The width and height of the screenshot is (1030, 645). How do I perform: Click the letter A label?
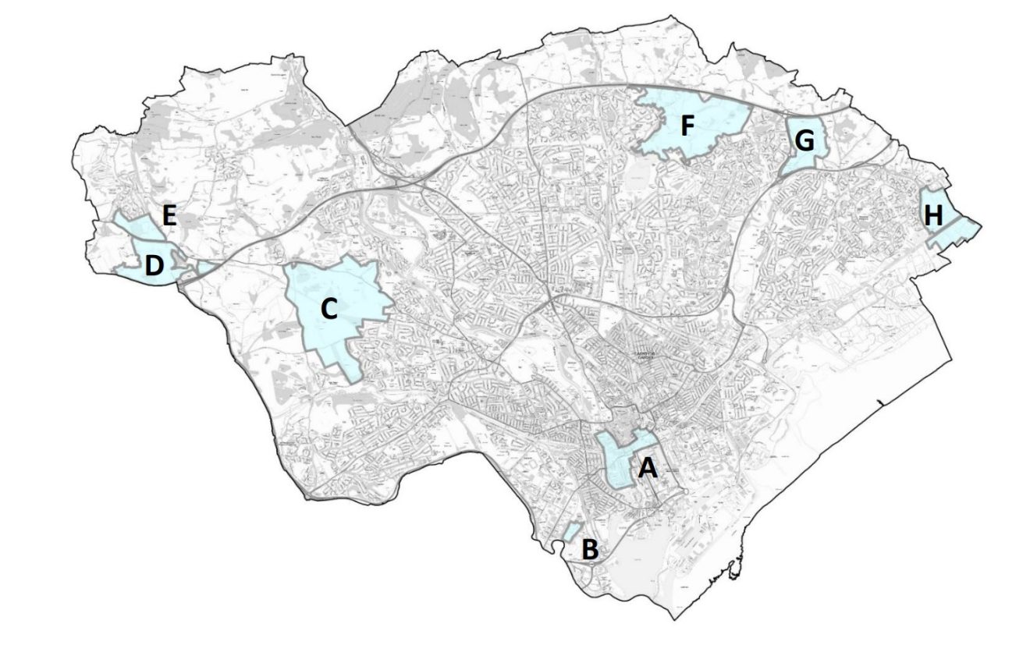(x=648, y=469)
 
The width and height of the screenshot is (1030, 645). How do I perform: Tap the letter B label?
(x=590, y=550)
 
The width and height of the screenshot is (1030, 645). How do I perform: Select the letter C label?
(x=329, y=310)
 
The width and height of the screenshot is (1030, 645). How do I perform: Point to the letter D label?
(x=154, y=267)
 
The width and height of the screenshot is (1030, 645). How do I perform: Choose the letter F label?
(x=686, y=126)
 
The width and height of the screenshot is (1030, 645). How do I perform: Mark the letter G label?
(x=804, y=141)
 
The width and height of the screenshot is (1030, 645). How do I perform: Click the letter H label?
(x=933, y=216)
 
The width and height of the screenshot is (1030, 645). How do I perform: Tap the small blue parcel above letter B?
(x=571, y=531)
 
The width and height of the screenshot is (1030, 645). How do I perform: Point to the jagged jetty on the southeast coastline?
(x=733, y=570)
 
